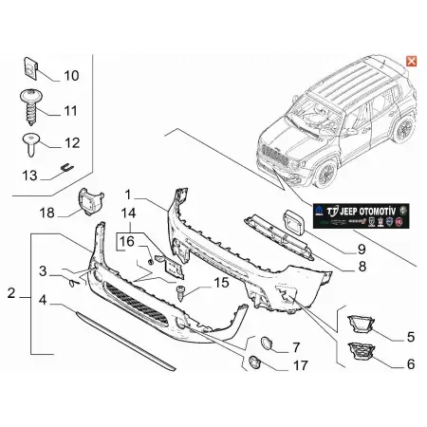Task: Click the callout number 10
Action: tap(71, 74)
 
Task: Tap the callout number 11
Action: tap(70, 111)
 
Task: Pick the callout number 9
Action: tap(334, 250)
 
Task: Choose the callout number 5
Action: tap(410, 336)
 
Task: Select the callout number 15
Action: tap(220, 283)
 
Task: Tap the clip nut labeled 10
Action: tap(30, 68)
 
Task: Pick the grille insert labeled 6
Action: tap(362, 356)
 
